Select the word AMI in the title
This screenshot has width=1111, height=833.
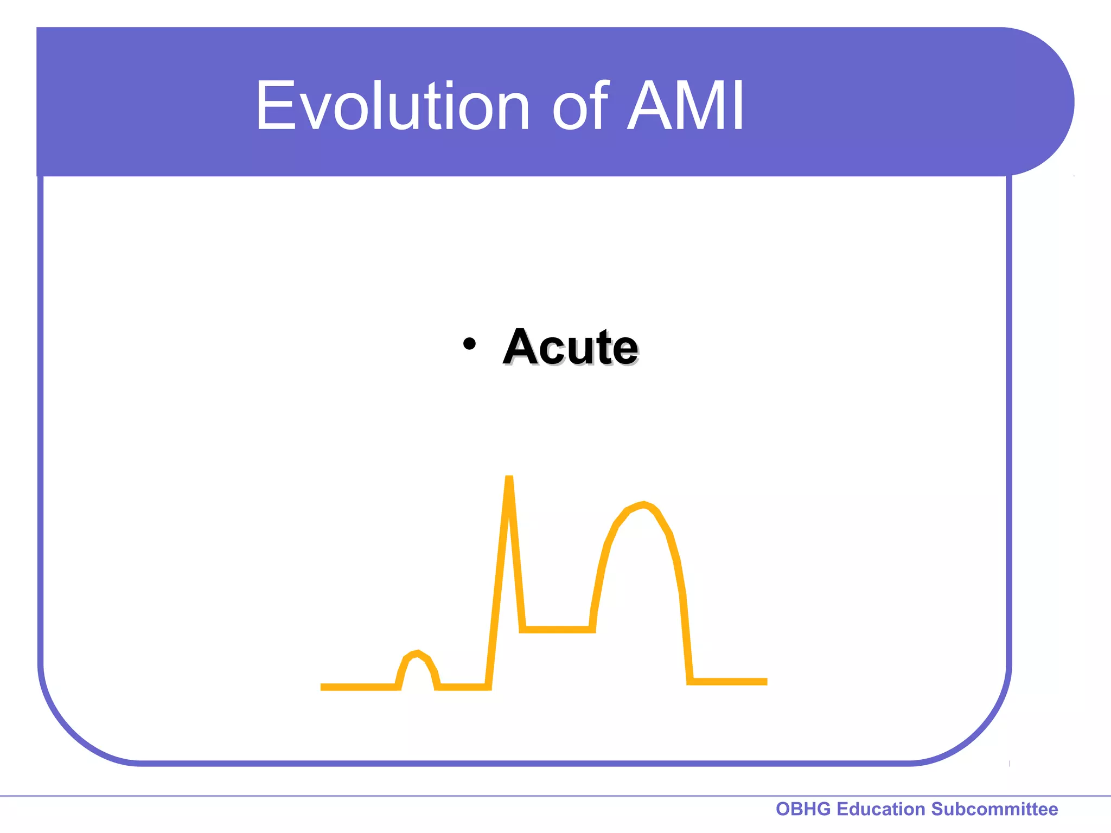tap(686, 106)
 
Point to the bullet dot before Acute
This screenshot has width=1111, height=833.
tap(469, 344)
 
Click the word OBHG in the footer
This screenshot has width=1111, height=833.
tap(803, 809)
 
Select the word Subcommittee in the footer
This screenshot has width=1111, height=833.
tap(994, 809)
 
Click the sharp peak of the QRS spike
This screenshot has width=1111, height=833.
tap(509, 478)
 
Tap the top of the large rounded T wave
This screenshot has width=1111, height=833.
tap(643, 505)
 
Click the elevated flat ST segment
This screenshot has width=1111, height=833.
tap(557, 630)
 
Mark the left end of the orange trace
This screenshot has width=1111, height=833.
tap(323, 687)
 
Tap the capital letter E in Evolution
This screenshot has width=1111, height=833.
tap(273, 106)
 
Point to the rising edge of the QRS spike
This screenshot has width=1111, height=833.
tap(498, 586)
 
